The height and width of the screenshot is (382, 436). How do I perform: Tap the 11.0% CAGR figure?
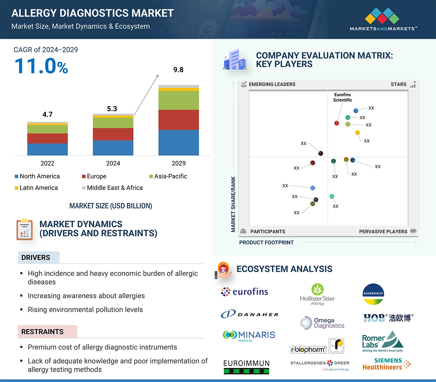click(x=41, y=66)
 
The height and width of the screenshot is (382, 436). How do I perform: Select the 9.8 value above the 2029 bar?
click(x=178, y=70)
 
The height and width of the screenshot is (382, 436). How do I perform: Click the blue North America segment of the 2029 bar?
click(x=178, y=142)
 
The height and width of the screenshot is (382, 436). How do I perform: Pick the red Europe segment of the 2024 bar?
click(x=113, y=134)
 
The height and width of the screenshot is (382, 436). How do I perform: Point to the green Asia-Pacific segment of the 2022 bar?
click(x=47, y=129)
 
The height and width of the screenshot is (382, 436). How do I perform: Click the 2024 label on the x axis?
click(x=113, y=163)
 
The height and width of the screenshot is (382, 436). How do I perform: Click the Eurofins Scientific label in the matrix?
click(x=342, y=97)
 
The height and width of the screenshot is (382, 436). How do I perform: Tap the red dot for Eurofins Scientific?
click(x=337, y=123)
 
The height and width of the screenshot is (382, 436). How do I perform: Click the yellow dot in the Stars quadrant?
click(x=357, y=133)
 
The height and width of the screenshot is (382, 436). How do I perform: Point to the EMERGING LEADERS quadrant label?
click(x=272, y=84)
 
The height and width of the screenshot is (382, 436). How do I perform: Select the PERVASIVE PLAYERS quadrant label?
click(x=383, y=231)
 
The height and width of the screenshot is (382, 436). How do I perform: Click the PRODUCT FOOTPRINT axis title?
click(x=266, y=242)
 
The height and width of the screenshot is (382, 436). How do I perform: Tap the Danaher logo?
click(x=249, y=314)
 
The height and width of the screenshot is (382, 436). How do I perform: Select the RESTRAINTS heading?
click(x=42, y=331)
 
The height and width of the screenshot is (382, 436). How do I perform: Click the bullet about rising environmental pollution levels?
click(x=85, y=309)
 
